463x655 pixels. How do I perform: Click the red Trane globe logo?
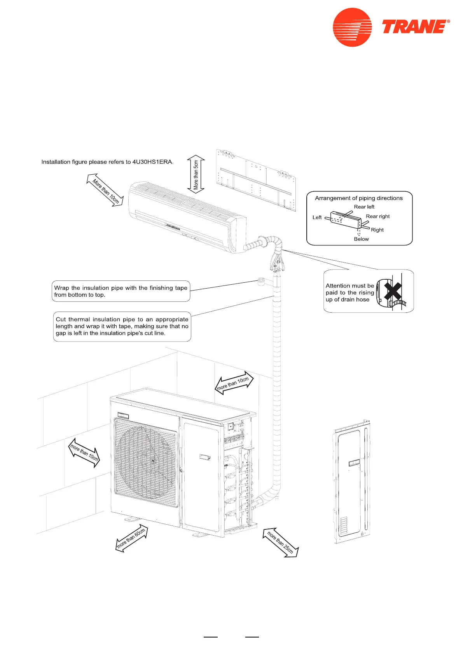pos(352,28)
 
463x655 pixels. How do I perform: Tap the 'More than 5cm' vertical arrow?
pos(196,175)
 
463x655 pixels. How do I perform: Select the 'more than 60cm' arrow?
pos(132,539)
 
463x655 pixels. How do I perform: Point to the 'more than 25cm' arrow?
pos(281,543)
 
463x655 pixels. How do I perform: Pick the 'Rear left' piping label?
pos(364,207)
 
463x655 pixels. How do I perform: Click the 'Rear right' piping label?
pos(377,216)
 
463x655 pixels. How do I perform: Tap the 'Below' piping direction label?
pos(361,239)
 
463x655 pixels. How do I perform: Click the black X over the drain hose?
pos(393,291)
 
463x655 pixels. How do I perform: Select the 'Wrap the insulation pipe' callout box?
pos(121,291)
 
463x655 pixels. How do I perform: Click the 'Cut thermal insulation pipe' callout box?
pos(122,326)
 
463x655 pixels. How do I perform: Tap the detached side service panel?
pos(352,482)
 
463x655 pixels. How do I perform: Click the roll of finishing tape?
pos(261,281)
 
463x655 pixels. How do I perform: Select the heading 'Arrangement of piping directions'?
pos(358,198)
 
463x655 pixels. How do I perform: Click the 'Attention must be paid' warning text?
pos(349,292)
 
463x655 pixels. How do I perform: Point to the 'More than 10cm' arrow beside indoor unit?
pos(105,191)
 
